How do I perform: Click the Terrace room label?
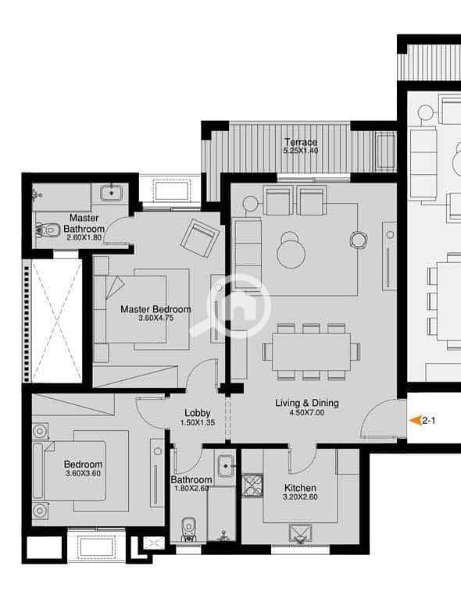(x=301, y=142)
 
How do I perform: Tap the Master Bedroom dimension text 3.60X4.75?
(x=156, y=318)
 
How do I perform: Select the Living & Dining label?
(x=307, y=403)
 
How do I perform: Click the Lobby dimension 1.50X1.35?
(x=198, y=422)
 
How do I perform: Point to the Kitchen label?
(x=300, y=488)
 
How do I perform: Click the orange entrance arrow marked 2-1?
(x=414, y=421)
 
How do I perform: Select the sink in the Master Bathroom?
(x=112, y=193)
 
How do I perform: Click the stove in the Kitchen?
(x=253, y=486)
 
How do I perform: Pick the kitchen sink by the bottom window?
(x=300, y=534)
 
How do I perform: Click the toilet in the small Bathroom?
(x=189, y=529)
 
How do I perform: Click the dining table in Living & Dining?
(x=311, y=351)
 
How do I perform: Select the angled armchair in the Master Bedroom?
(x=200, y=238)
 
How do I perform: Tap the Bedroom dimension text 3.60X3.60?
(x=83, y=473)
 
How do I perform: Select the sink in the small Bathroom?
(x=226, y=465)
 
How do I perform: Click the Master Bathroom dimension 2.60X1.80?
(x=84, y=237)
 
